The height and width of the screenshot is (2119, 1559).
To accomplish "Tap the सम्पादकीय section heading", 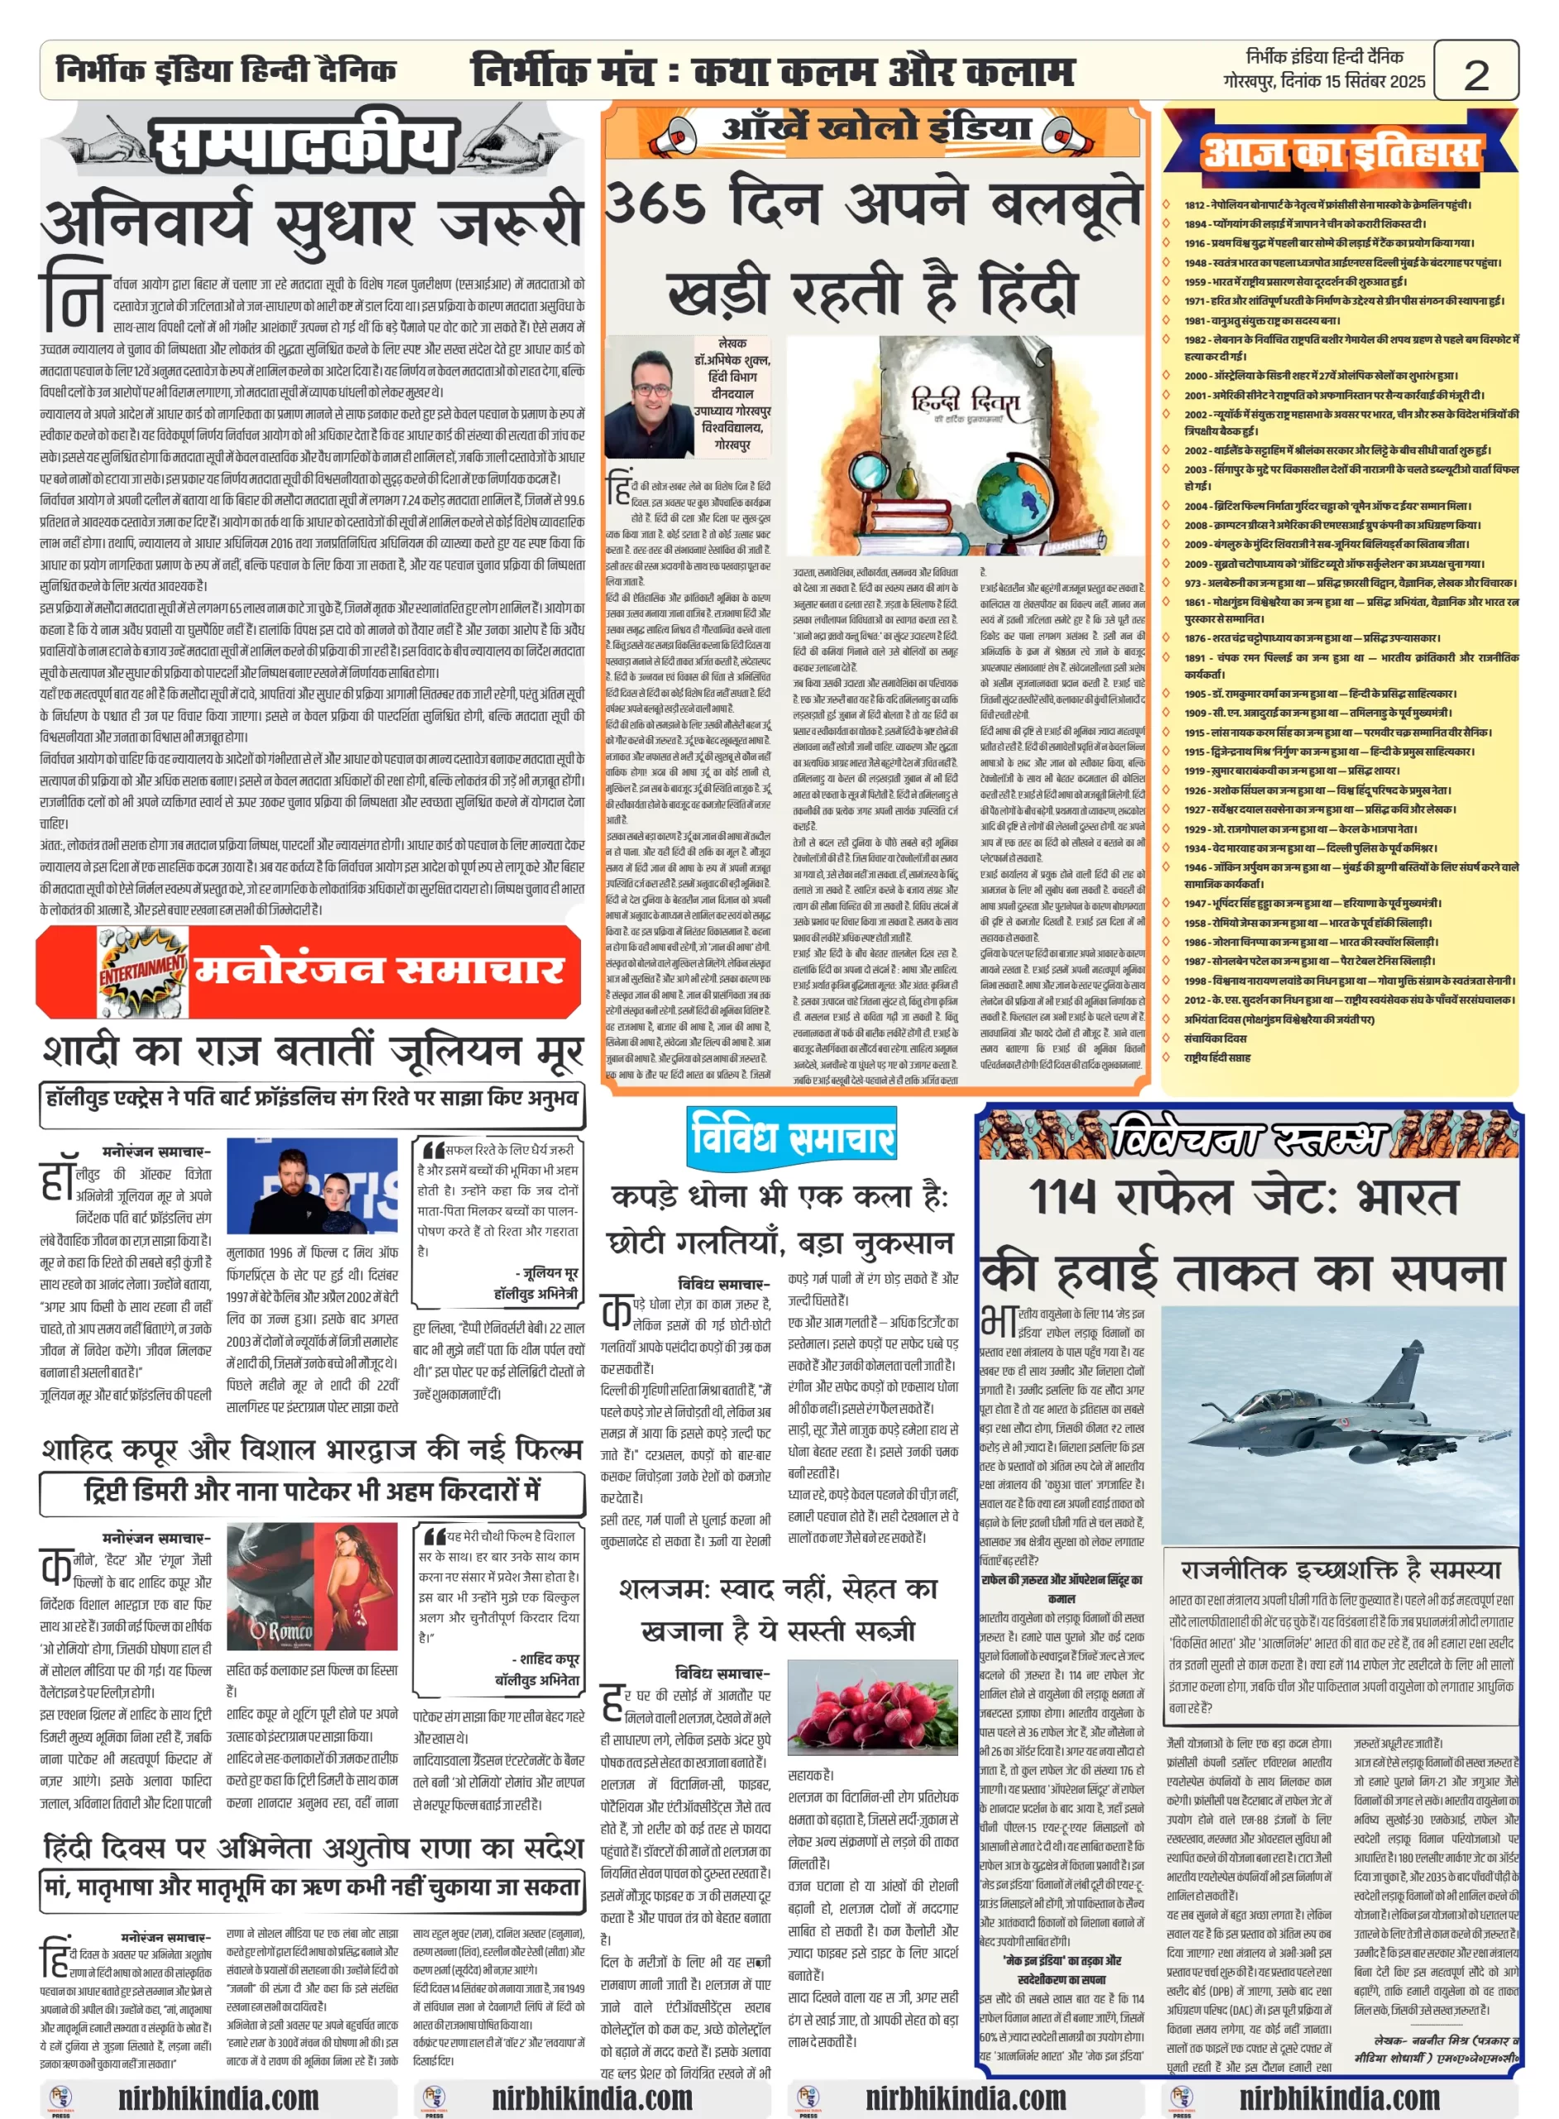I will click(x=304, y=147).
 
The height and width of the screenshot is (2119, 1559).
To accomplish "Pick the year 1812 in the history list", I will click(x=1195, y=204).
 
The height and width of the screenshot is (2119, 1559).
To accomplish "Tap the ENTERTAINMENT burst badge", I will click(x=142, y=970).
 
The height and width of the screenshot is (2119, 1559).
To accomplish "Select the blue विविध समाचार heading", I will click(x=792, y=1136).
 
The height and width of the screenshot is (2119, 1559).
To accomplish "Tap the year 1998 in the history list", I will click(x=1195, y=981).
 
